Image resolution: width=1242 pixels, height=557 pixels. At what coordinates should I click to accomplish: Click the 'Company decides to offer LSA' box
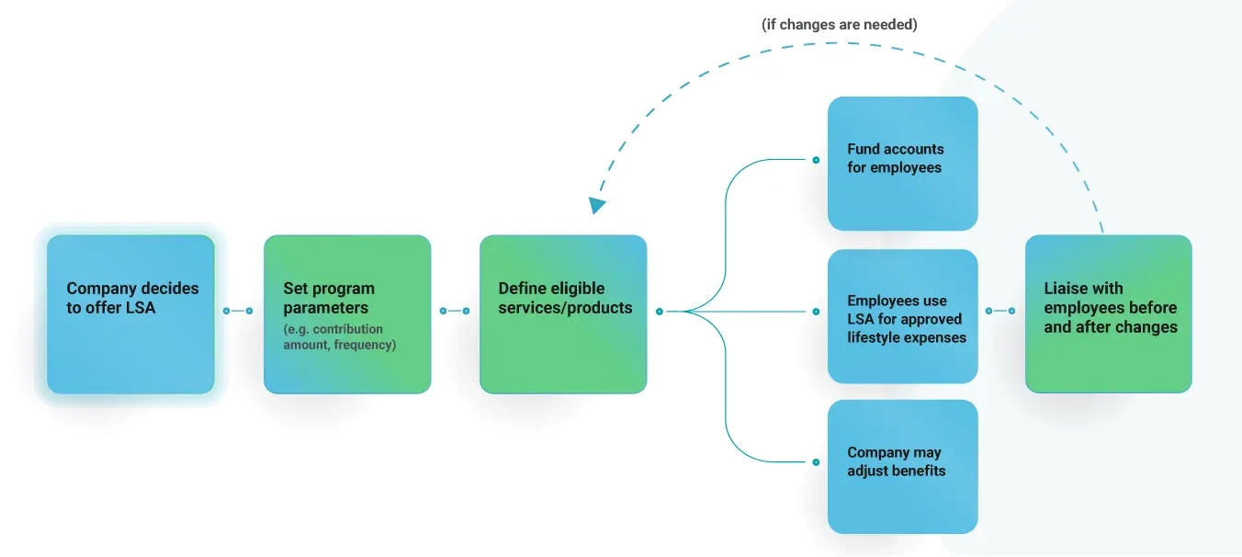(130, 313)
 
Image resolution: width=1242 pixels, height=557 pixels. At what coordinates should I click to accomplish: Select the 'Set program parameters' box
(347, 314)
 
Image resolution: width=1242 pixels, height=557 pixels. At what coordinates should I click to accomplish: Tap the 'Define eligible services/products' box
(563, 314)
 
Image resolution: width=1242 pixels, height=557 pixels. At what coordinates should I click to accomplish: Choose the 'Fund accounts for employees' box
(902, 164)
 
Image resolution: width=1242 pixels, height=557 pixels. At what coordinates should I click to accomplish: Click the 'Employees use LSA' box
(902, 315)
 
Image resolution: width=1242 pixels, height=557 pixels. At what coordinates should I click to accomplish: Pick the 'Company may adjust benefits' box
(902, 466)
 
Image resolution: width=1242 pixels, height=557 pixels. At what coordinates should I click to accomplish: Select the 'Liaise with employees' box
(1108, 314)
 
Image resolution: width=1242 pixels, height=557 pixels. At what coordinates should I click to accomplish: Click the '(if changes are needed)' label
(840, 25)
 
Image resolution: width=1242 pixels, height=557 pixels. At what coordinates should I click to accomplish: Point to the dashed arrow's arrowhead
(597, 205)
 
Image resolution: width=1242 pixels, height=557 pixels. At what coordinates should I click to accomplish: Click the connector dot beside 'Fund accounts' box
(815, 160)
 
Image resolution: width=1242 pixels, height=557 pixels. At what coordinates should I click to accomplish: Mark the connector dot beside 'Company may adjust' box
(815, 462)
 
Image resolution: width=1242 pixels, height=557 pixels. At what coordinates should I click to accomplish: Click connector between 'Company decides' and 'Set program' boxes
(238, 311)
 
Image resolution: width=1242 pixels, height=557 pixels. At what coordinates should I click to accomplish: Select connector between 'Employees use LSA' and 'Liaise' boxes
(1000, 311)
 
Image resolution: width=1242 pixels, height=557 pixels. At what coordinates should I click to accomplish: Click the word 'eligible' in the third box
(577, 289)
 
